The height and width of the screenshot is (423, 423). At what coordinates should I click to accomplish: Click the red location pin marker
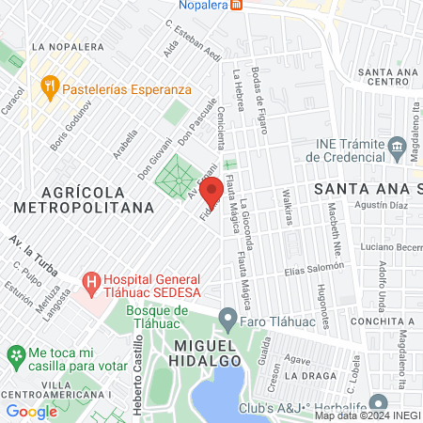tap(211, 190)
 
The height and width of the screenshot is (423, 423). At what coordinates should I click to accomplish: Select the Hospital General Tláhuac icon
tap(91, 281)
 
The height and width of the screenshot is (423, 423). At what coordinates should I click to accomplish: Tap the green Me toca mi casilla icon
tap(14, 355)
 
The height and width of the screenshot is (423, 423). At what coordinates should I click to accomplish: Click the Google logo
tap(31, 411)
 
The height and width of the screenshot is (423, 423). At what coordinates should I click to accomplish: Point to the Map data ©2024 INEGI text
tap(367, 415)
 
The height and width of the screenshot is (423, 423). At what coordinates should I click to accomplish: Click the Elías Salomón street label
tap(308, 268)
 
